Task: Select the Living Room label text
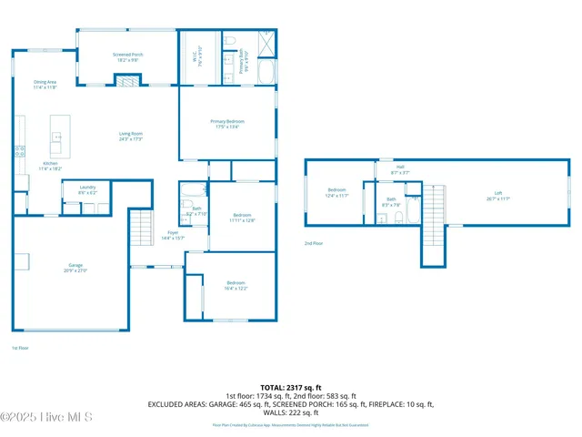131,136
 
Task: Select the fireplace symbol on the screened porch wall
127,82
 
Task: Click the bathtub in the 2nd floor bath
411,213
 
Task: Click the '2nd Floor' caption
314,243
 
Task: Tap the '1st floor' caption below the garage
19,348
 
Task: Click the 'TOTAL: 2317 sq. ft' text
291,387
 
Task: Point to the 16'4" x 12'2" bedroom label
236,286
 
